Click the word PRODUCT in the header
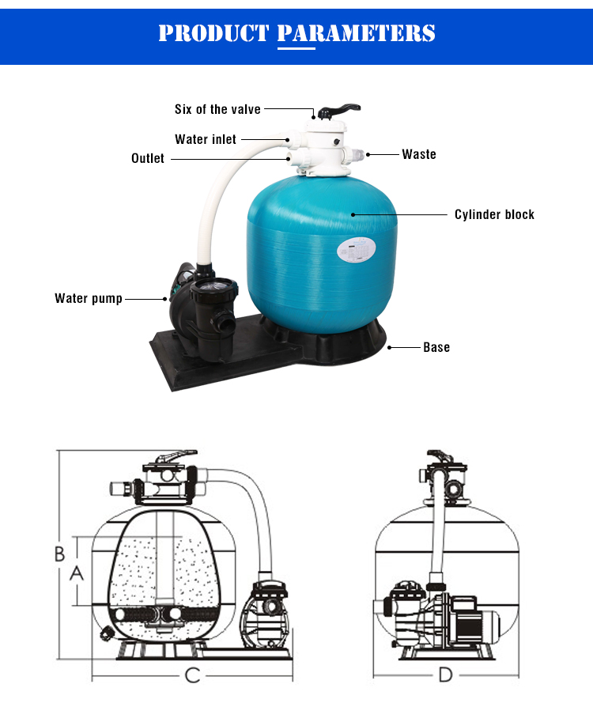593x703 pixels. [213, 33]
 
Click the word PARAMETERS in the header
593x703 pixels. [357, 33]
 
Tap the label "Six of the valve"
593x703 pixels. [217, 109]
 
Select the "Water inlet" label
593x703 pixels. [206, 139]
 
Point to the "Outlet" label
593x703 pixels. [148, 158]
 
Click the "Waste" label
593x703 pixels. [419, 154]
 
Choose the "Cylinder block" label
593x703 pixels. [494, 214]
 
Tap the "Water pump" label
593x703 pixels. [89, 299]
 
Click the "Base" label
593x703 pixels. [436, 347]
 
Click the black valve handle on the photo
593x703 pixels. [338, 110]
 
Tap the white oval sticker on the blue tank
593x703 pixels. [357, 250]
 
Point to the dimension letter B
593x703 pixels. [59, 554]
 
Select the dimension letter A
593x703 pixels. [77, 573]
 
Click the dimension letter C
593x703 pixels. [193, 675]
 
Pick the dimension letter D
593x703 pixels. [445, 675]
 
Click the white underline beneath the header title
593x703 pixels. [296, 48]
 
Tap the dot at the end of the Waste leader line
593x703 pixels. [368, 155]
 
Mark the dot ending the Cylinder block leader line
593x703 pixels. [353, 215]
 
